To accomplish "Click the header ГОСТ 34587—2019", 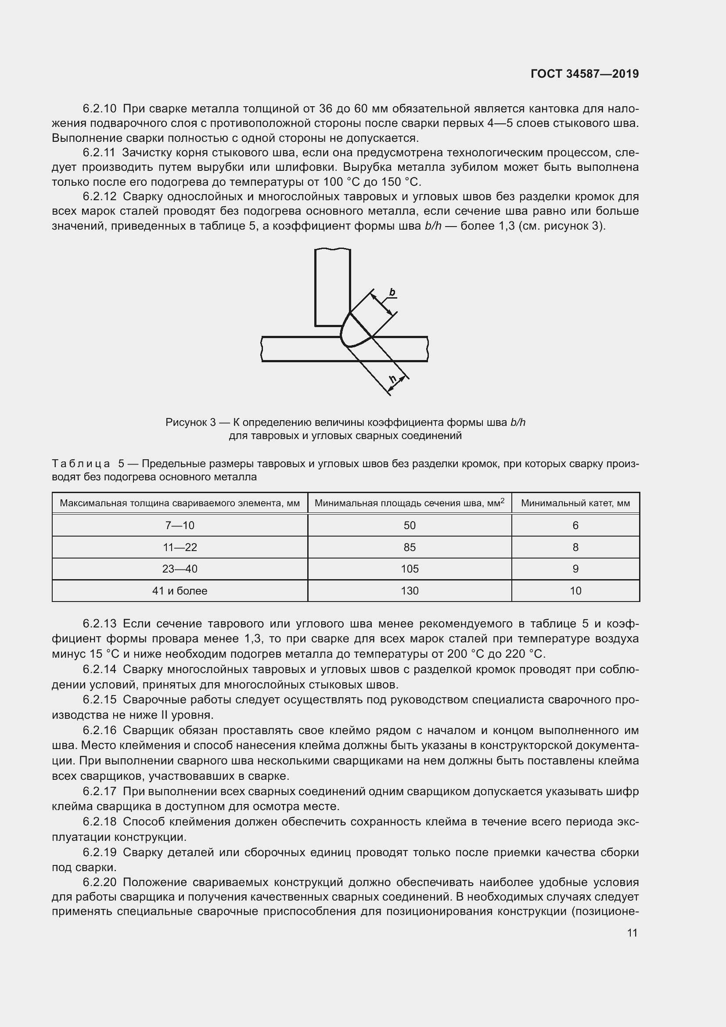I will click(x=584, y=74).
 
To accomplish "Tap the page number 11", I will click(x=632, y=933).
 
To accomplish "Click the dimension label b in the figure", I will click(x=392, y=292).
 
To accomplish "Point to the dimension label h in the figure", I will click(x=393, y=379).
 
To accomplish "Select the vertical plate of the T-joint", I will click(x=332, y=286).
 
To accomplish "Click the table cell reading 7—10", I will click(x=180, y=525).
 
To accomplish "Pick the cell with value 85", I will click(x=410, y=547).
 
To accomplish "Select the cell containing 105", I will click(x=410, y=569).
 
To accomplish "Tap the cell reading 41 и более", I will click(x=180, y=591).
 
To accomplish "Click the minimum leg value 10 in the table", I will click(x=575, y=591).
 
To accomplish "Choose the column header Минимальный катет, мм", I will click(x=575, y=503).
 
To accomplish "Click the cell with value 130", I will click(x=410, y=591).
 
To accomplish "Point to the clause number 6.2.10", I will click(x=99, y=109).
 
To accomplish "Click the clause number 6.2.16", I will click(x=99, y=731).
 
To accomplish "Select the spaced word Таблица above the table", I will click(x=81, y=464).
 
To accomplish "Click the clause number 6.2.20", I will click(x=99, y=883).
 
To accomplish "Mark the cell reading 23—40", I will click(x=180, y=569).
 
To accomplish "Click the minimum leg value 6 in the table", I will click(x=575, y=525).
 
